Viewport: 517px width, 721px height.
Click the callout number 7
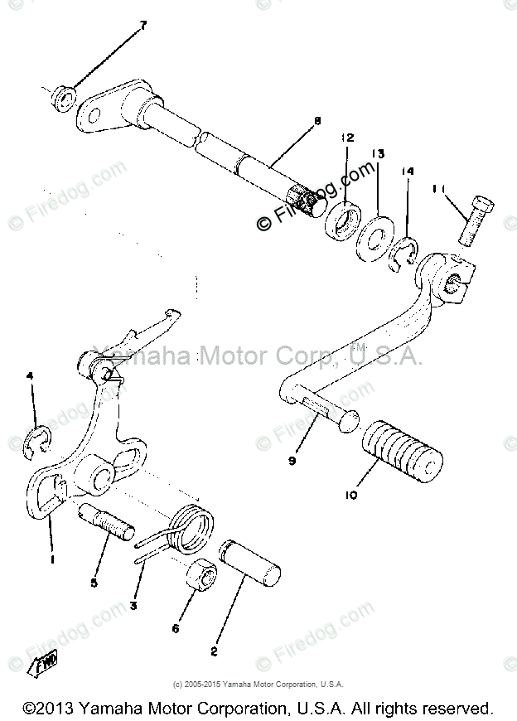coord(143,26)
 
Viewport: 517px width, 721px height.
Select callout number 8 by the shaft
coord(316,121)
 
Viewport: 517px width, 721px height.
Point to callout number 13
coord(378,154)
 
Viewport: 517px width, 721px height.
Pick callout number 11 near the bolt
coord(437,190)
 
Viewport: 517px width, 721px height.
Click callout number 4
coord(31,376)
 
